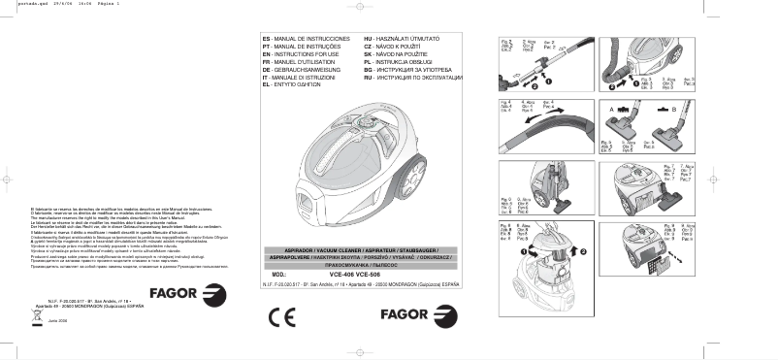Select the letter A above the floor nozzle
612,112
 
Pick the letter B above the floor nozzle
672,112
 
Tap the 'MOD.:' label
275,274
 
